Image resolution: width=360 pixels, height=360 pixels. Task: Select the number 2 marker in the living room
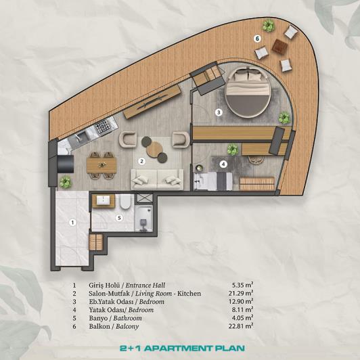pos(141,161)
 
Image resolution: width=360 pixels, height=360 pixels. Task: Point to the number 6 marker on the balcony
pos(257,39)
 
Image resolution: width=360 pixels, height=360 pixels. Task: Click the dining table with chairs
pos(103,163)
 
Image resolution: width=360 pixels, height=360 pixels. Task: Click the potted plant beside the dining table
pos(65,181)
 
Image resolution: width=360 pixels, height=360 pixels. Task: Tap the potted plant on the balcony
pos(269,26)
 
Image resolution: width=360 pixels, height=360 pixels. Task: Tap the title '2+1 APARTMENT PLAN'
pos(179,351)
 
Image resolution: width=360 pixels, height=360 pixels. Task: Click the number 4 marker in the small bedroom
pos(223,163)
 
